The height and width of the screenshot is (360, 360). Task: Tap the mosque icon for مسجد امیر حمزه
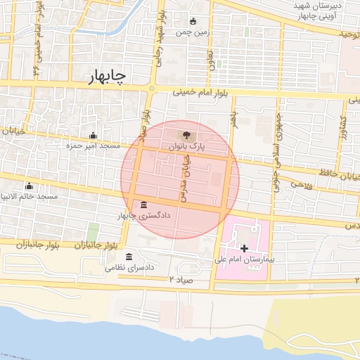click(x=94, y=136)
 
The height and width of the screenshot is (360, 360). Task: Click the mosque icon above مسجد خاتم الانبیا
click(x=29, y=186)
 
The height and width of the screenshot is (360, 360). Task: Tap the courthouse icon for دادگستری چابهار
click(x=144, y=205)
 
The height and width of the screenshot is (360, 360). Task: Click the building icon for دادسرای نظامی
click(x=129, y=257)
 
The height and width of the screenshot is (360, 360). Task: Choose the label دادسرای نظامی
click(x=129, y=268)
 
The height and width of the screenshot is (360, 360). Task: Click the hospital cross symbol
click(x=244, y=248)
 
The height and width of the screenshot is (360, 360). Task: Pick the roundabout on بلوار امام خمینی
click(x=152, y=89)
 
